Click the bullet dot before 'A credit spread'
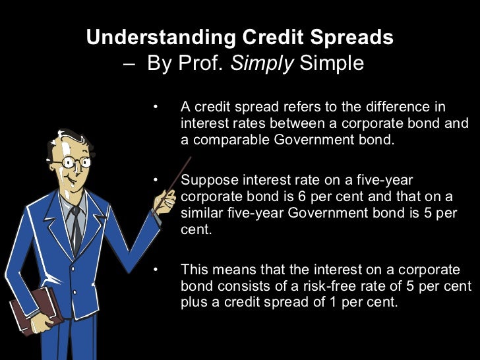(156, 107)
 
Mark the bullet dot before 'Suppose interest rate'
(156, 180)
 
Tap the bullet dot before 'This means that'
(156, 270)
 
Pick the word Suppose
(205, 180)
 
